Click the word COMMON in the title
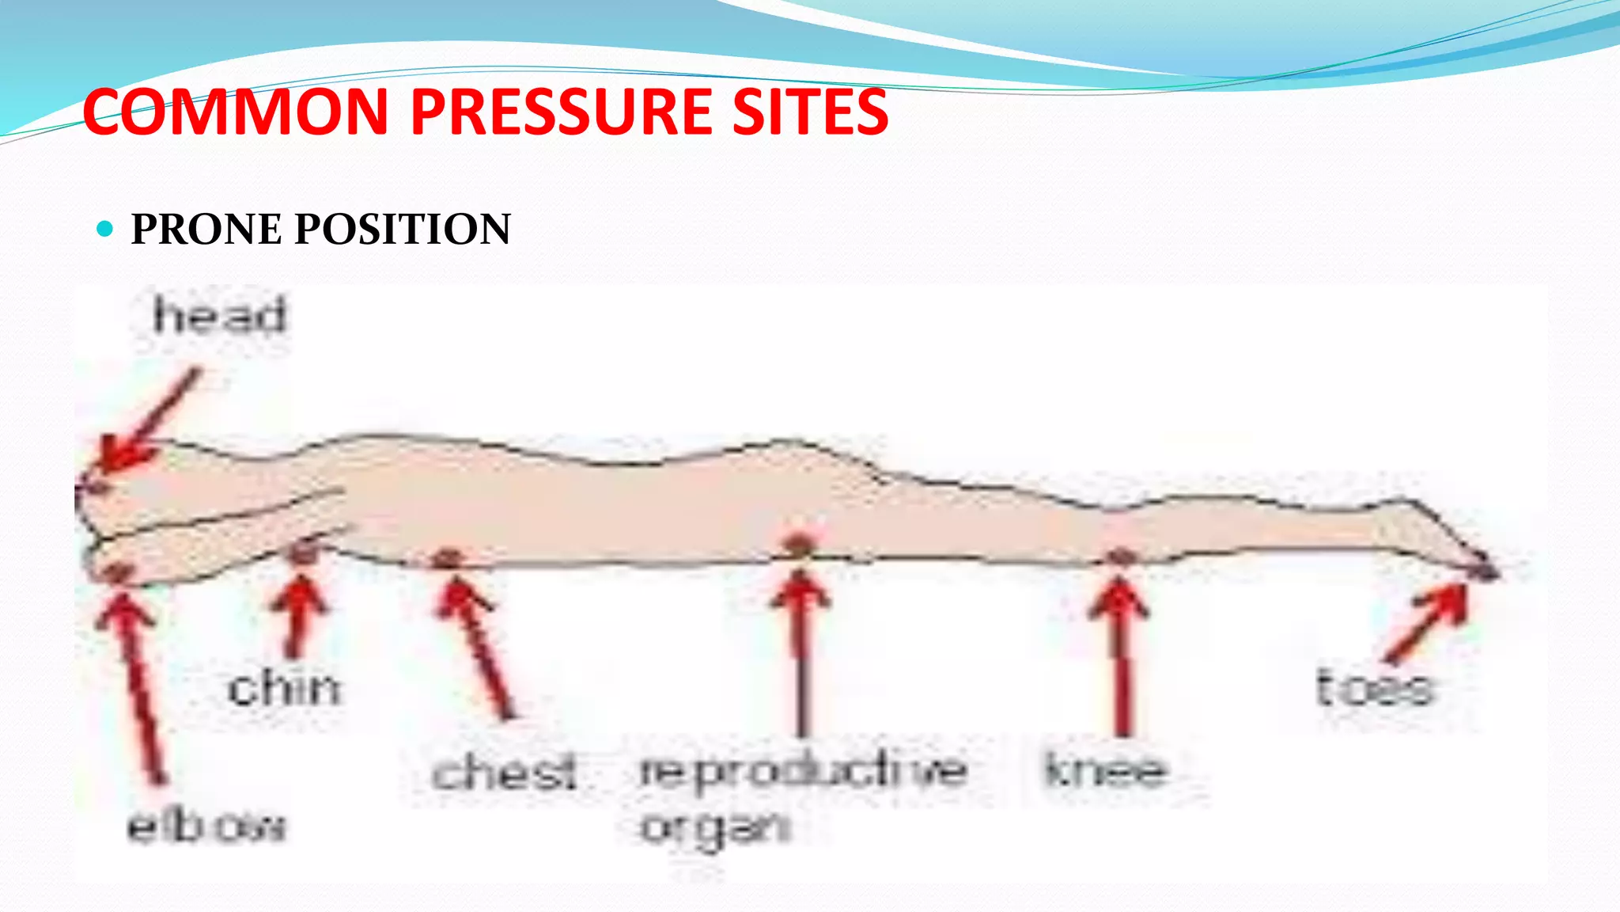234,112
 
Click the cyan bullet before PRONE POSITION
104,230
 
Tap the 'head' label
219,315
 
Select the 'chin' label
284,687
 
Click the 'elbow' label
206,826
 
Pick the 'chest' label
504,772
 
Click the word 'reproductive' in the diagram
802,770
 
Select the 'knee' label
1105,769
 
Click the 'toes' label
1374,686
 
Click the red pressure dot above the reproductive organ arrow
799,545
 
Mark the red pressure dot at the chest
447,558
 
